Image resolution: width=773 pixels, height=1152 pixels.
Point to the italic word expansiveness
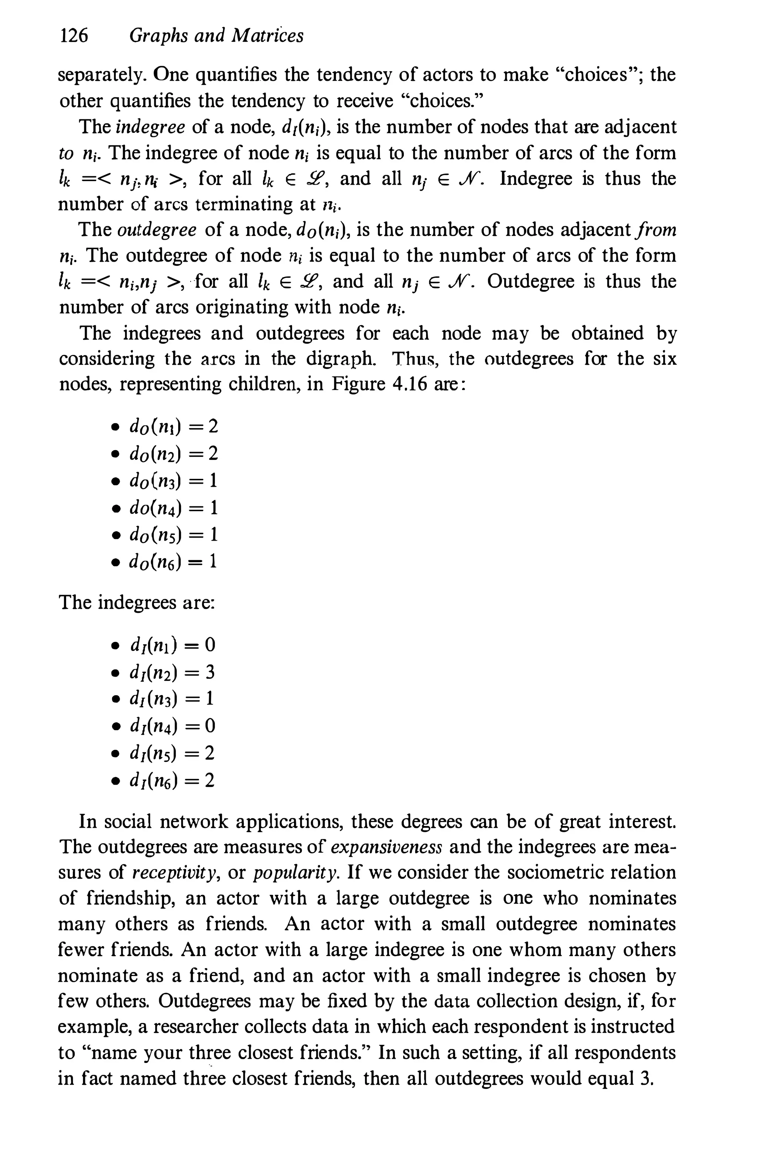[x=386, y=847]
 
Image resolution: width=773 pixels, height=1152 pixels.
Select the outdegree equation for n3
[x=173, y=480]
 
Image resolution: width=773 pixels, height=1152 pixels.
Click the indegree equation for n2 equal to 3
[x=172, y=672]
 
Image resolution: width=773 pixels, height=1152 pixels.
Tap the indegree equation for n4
[x=172, y=726]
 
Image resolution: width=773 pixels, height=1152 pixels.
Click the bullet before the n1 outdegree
[x=115, y=427]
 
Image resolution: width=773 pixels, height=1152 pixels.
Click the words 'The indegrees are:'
[x=137, y=603]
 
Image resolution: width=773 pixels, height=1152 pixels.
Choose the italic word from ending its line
[x=657, y=230]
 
